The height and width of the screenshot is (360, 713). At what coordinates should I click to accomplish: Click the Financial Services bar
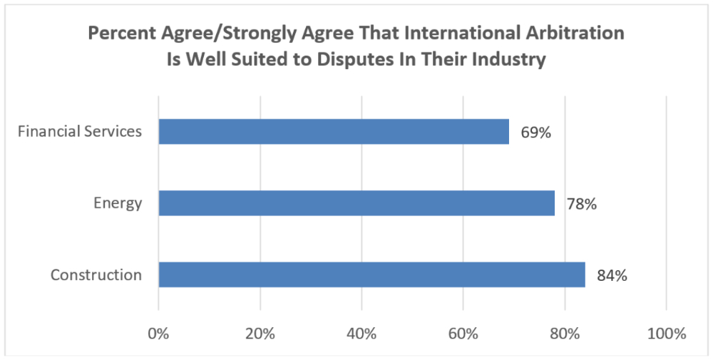coord(334,132)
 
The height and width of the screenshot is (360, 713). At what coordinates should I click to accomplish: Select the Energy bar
coord(356,203)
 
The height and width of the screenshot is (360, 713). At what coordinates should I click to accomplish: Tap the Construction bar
coord(371,274)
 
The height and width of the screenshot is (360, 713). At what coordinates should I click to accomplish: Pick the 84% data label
coord(612,275)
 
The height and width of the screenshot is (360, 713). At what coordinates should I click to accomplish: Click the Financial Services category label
coord(80,132)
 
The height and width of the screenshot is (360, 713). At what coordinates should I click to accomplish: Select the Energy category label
coord(118,203)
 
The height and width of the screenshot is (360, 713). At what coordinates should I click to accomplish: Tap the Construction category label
coord(96,274)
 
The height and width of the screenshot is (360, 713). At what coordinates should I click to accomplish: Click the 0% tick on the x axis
coord(158,334)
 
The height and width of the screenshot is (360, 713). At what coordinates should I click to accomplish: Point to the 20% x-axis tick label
coord(260,334)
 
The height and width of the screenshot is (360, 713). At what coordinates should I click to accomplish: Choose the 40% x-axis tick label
coord(361,334)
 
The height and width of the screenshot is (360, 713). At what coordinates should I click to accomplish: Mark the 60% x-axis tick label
coord(463,334)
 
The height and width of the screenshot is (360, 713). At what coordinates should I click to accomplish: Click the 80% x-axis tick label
coord(565,334)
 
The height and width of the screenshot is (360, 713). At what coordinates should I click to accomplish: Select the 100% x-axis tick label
coord(666,334)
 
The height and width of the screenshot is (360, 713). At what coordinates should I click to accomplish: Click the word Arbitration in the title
coord(577,34)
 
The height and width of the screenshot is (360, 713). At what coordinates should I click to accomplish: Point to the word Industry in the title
coord(512,59)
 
